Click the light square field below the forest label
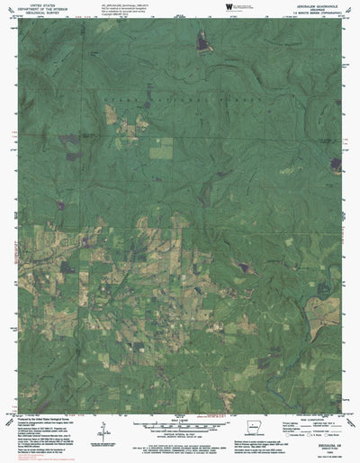[160, 151]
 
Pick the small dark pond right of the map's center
[241, 267]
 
